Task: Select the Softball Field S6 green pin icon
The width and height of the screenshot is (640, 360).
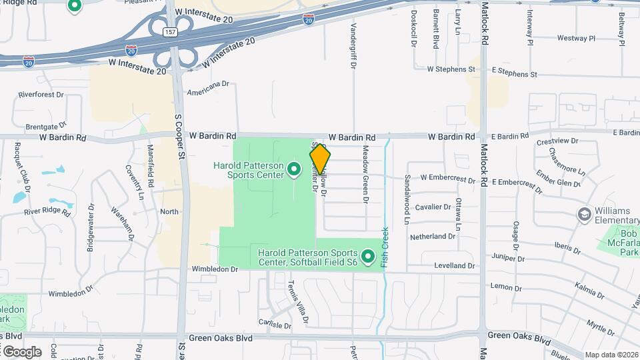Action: (x=367, y=256)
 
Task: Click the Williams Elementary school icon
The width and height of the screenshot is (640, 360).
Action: (x=585, y=214)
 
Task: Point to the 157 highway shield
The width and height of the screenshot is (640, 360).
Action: (x=172, y=32)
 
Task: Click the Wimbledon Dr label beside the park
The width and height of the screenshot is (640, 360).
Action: (x=215, y=269)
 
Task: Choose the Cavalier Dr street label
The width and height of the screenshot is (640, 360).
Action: (x=433, y=207)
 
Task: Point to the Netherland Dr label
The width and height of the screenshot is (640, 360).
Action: (x=432, y=237)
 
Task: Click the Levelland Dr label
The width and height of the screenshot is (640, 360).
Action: (x=453, y=266)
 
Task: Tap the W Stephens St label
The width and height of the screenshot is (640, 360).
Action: (x=451, y=69)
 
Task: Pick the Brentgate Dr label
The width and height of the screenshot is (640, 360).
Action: (x=46, y=125)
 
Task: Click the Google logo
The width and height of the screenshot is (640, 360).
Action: (x=22, y=351)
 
